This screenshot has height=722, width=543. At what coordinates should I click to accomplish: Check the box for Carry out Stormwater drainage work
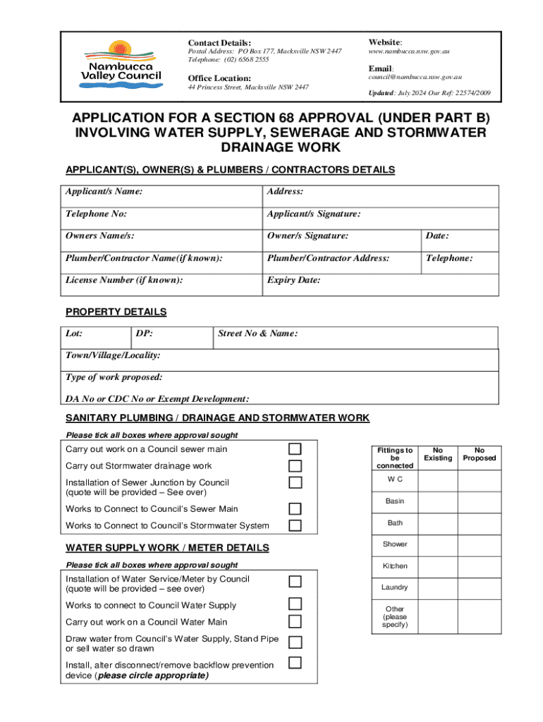tap(295, 466)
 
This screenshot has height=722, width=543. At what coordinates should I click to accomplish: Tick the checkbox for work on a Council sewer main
tap(295, 449)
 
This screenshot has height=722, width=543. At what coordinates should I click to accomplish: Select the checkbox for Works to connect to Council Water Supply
tap(295, 604)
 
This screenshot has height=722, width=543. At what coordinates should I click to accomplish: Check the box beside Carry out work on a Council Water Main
tap(295, 621)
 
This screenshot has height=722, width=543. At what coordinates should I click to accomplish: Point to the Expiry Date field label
tap(293, 280)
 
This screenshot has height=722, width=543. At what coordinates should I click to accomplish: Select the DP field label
tap(143, 334)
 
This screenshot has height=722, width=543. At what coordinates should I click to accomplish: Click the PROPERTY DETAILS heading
tap(116, 312)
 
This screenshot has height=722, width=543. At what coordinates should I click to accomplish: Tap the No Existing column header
tap(438, 454)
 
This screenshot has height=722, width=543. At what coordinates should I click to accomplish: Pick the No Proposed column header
tap(480, 454)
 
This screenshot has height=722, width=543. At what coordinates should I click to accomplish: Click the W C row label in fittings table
tap(395, 480)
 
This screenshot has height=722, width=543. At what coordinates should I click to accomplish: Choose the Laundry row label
tap(395, 587)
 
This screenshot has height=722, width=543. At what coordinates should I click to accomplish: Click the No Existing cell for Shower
tap(438, 544)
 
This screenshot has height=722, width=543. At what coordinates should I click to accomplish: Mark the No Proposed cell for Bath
tap(480, 523)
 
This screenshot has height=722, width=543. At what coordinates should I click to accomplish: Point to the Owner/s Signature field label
tap(307, 236)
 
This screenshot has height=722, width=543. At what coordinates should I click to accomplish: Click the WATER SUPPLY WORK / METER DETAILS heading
tap(167, 548)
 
